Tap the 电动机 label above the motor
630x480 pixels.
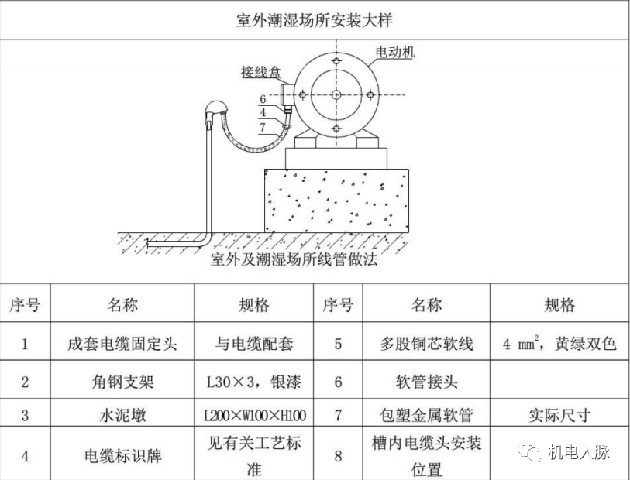394,53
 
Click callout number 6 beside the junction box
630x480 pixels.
263,99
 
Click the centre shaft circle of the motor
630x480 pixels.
336,94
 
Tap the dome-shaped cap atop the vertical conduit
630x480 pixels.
215,110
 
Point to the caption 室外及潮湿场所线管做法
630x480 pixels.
294,260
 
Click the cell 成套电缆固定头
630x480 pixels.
122,344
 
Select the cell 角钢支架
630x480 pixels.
122,382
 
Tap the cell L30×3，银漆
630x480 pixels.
253,382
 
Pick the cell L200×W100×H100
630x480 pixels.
253,416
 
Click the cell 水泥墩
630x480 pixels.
122,416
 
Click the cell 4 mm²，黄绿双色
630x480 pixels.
559,344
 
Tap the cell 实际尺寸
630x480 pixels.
559,416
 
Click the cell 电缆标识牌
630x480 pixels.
122,455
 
